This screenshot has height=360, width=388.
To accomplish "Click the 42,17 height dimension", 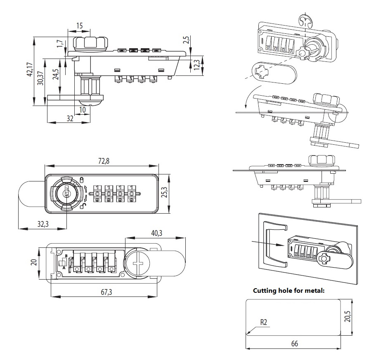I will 29,71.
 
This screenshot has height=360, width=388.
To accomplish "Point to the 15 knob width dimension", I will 79,26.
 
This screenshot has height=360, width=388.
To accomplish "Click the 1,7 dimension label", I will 59,44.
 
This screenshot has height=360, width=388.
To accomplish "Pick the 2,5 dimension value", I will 186,40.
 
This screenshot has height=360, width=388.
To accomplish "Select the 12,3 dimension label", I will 196,65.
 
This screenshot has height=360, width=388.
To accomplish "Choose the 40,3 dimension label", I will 157,233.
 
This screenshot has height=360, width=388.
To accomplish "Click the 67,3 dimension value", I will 106,292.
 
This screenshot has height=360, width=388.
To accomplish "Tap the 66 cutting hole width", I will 294,343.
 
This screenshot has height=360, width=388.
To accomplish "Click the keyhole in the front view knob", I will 65,193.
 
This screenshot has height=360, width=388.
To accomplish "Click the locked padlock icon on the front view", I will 81,179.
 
